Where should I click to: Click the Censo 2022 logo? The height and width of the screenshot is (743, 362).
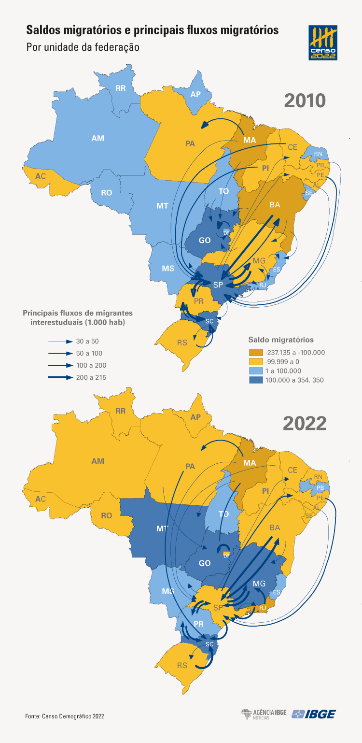[x=323, y=43]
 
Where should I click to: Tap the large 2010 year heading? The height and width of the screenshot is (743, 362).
[x=305, y=100]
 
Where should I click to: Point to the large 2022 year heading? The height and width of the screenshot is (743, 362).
[x=305, y=423]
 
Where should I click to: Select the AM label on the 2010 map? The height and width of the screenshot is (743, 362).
[x=97, y=138]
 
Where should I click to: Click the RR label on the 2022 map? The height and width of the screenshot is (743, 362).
[x=120, y=412]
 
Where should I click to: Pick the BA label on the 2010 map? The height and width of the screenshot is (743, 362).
[x=275, y=205]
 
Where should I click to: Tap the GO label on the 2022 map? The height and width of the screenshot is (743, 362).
[x=205, y=563]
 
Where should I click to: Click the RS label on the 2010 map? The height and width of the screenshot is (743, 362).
[x=182, y=343]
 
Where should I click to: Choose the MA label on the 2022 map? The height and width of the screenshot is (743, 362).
[x=249, y=463]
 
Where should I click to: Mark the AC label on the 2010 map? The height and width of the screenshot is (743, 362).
[x=41, y=176]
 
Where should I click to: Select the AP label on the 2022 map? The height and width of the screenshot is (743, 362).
[x=195, y=417]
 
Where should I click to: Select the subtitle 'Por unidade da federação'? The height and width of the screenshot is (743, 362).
[x=83, y=47]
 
